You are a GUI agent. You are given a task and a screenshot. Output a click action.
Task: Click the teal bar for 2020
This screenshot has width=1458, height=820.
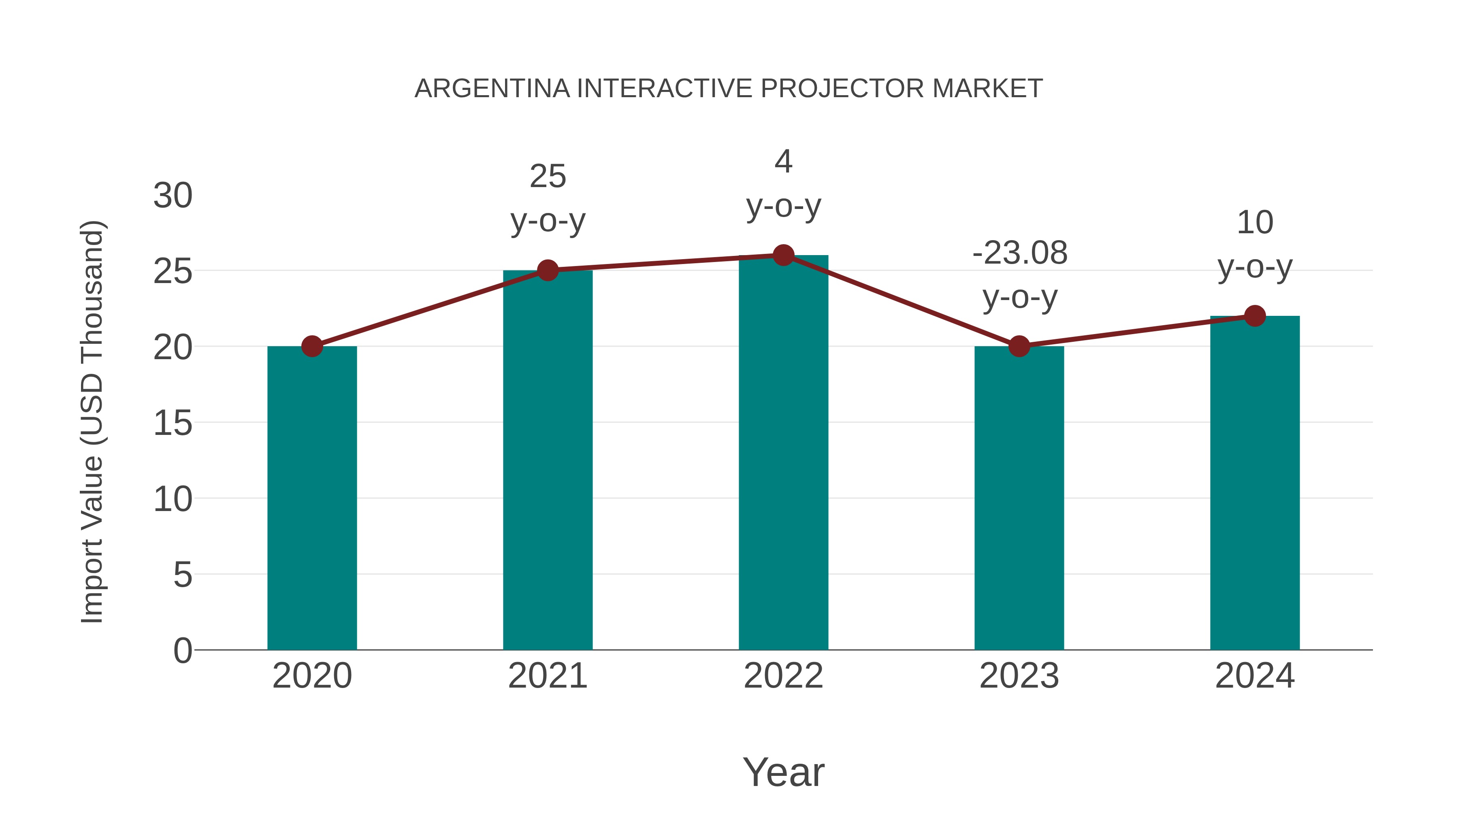312,498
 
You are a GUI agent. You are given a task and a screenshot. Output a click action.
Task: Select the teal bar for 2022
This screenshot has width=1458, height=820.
783,453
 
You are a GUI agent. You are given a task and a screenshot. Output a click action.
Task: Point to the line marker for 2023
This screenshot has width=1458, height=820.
1019,346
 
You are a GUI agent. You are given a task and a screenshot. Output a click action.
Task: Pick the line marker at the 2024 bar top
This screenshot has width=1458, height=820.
1255,316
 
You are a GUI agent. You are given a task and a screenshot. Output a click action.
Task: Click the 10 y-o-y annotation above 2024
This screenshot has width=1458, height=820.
1255,245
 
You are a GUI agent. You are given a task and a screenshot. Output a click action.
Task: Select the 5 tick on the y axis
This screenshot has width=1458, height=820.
182,575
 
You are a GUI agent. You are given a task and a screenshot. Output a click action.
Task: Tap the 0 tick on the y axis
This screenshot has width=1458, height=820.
182,651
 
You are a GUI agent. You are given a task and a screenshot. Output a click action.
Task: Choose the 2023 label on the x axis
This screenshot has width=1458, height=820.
1019,676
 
